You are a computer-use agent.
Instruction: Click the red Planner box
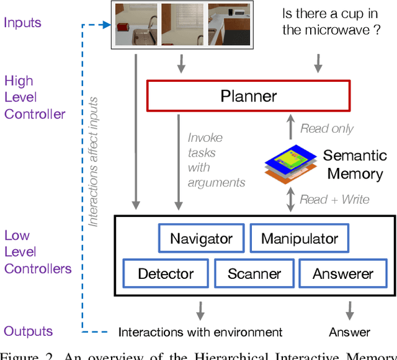tap(248, 96)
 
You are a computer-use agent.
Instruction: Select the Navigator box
tap(201, 239)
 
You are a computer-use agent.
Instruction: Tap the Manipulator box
tap(299, 239)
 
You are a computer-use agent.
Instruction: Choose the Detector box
tap(166, 273)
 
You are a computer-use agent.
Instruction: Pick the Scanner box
tap(254, 273)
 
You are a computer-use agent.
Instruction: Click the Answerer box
tap(342, 273)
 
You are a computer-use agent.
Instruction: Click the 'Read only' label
tap(327, 129)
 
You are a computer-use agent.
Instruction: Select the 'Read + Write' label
tap(334, 199)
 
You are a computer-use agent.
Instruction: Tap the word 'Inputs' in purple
tap(22, 23)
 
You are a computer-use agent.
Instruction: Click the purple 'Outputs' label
tap(28, 331)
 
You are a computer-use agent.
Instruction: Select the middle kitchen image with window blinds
tap(184, 25)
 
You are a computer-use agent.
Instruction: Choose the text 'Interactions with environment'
tap(200, 332)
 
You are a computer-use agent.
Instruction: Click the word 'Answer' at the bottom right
tap(350, 332)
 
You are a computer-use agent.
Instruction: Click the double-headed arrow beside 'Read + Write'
tap(289, 199)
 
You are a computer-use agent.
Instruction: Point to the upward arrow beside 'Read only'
tap(290, 128)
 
